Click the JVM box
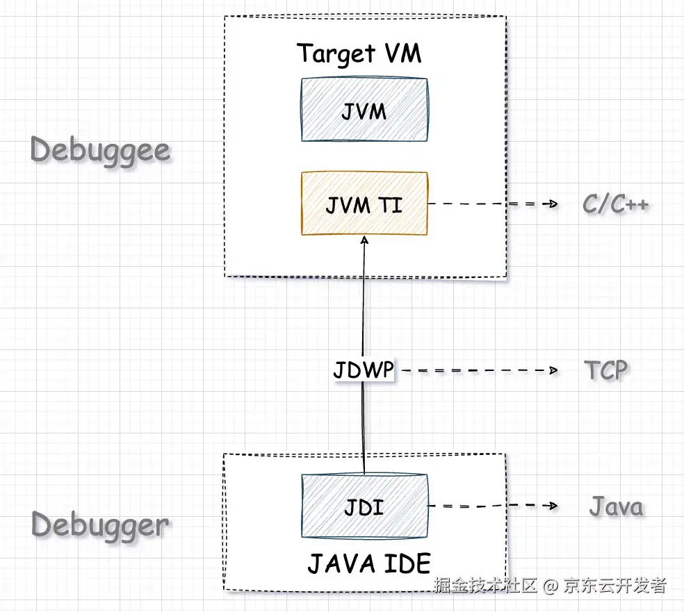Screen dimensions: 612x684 tap(364, 110)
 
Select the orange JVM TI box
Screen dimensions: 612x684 tap(364, 204)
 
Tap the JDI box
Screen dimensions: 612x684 tap(364, 506)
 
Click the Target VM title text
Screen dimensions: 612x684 tap(359, 53)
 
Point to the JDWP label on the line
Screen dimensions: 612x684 tap(363, 371)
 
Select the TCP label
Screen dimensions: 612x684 tap(605, 370)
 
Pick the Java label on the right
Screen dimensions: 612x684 tap(616, 506)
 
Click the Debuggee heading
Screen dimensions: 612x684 tap(101, 150)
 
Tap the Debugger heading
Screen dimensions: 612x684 tap(101, 524)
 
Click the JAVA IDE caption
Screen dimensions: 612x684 tap(369, 563)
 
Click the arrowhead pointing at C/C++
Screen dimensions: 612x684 tap(554, 204)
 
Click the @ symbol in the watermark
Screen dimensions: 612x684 tap(550, 586)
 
